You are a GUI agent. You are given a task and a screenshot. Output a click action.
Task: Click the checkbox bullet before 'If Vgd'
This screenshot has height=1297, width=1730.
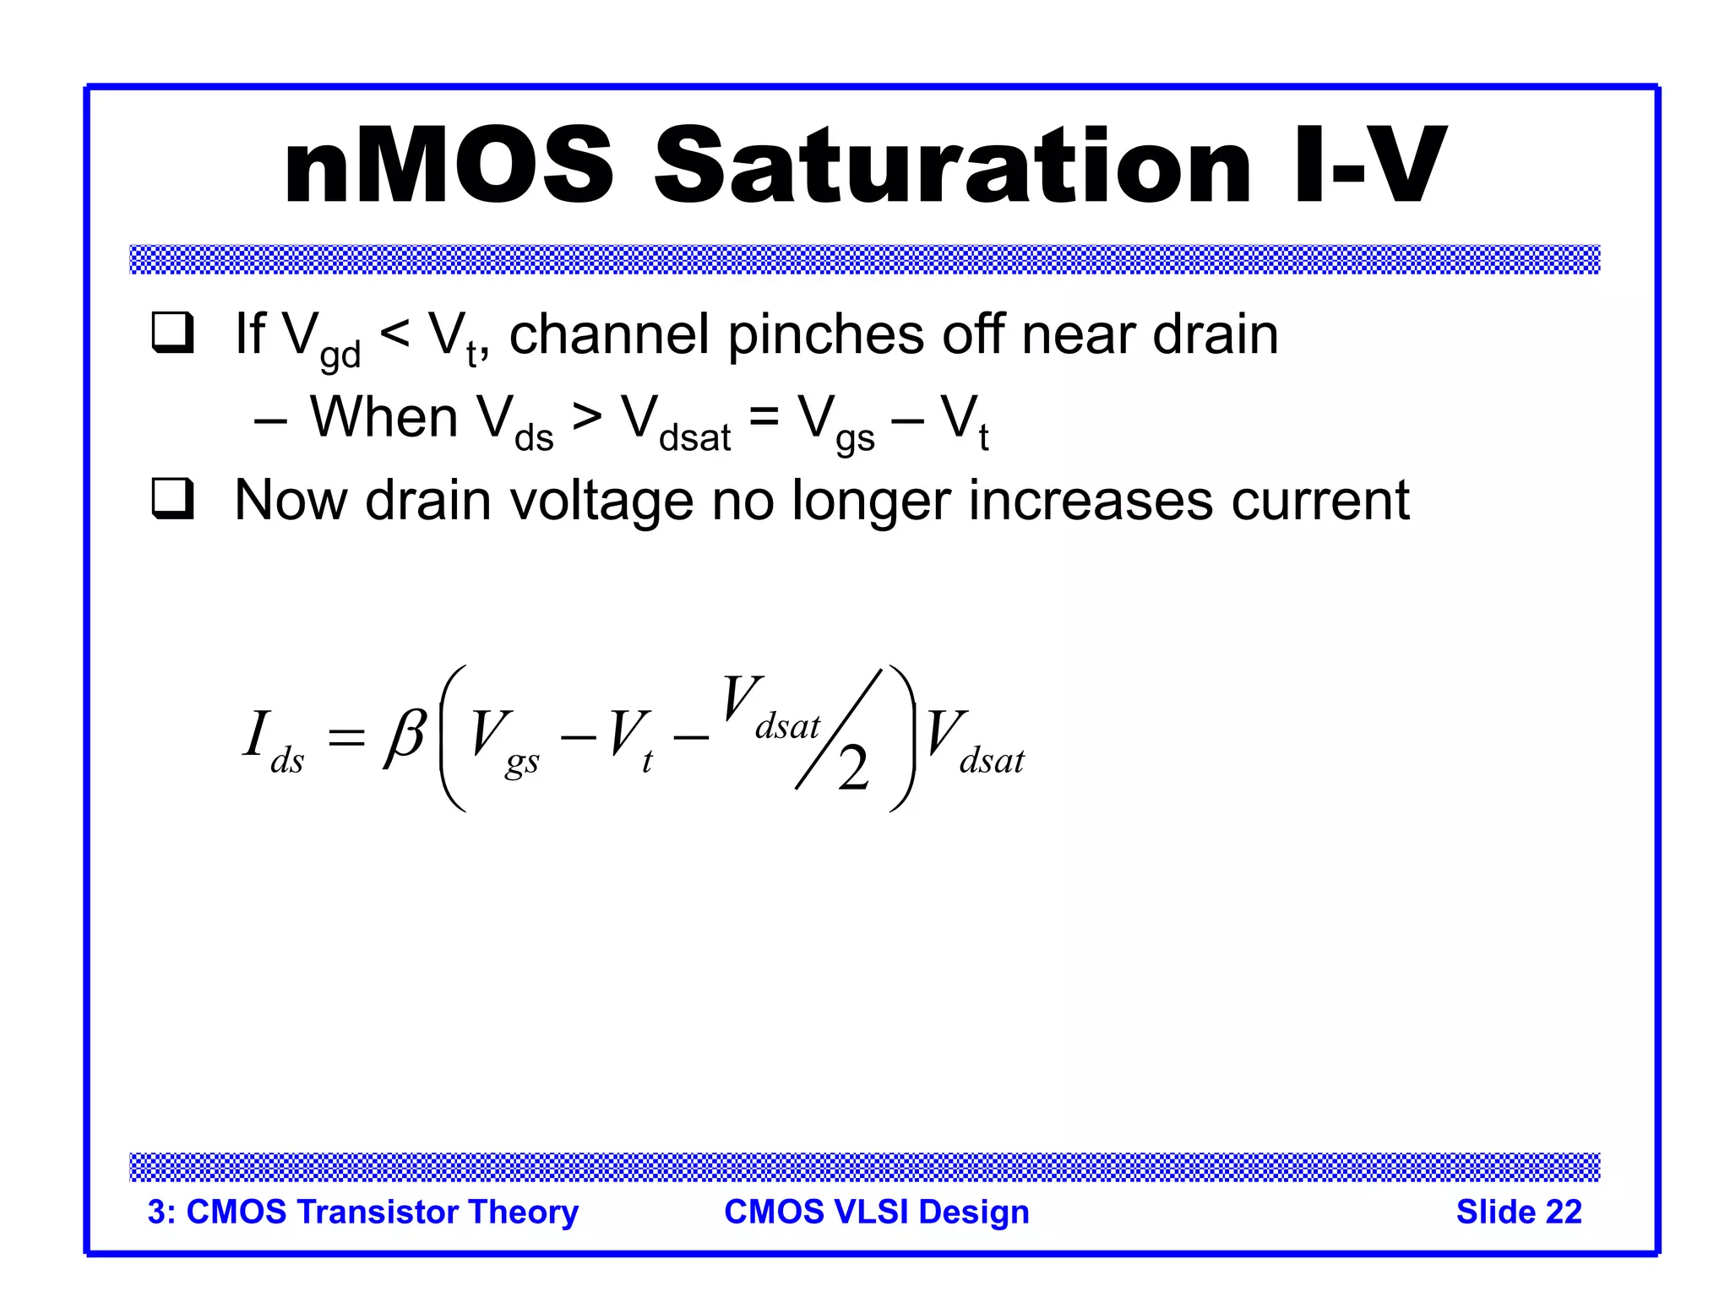pos(173,333)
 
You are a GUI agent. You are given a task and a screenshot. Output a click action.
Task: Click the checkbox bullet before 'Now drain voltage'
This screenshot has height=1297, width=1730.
pos(173,499)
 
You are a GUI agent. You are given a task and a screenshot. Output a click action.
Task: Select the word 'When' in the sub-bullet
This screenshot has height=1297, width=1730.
pos(384,417)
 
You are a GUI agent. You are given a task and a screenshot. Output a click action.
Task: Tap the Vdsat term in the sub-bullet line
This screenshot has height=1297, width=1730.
pos(676,422)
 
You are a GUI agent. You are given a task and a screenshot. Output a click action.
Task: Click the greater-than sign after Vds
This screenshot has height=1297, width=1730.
pos(587,417)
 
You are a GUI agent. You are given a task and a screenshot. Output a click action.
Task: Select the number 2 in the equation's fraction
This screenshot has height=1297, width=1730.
pos(853,768)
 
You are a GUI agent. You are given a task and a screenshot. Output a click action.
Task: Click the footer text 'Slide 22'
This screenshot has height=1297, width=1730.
pos(1518,1212)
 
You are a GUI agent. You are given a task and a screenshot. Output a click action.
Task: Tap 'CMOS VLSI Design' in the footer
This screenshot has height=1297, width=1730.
pos(876,1212)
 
